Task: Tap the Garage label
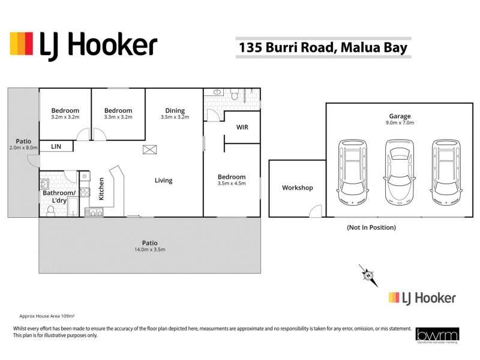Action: (399, 116)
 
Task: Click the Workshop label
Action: (298, 188)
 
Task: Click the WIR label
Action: (242, 128)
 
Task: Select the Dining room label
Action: (175, 110)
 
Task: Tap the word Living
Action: (163, 180)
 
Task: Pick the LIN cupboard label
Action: (56, 146)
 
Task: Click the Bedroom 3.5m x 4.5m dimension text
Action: (232, 184)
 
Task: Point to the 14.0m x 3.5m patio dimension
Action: (150, 249)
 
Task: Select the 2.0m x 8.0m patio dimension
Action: (23, 148)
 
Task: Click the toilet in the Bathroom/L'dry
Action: (51, 210)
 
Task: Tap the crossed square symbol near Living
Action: (148, 150)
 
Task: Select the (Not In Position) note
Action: (371, 227)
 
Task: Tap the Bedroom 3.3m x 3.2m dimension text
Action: (118, 117)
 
